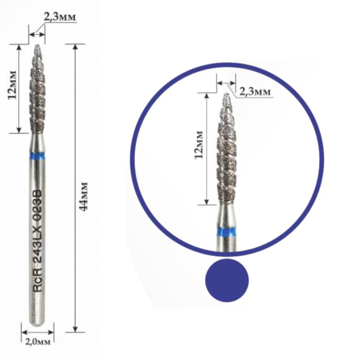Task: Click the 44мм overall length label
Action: pos(83,196)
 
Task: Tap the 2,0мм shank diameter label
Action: pos(38,342)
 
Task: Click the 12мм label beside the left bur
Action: pos(12,84)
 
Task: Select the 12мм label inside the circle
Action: pos(199,145)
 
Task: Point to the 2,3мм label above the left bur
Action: pos(60,17)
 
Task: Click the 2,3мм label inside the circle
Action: pos(255,92)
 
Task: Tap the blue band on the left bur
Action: pos(37,156)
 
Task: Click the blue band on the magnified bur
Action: pos(227,232)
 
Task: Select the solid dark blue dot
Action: pos(227,280)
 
